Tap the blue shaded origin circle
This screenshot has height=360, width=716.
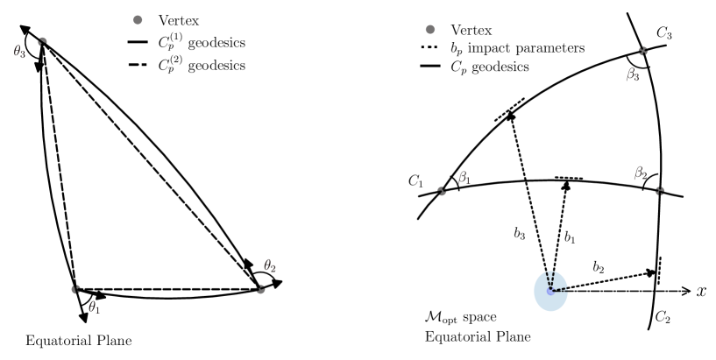click(x=551, y=290)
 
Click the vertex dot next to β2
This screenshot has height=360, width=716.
click(x=659, y=190)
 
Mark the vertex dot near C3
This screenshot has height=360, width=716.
click(x=643, y=52)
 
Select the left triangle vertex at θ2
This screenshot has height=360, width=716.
click(x=260, y=288)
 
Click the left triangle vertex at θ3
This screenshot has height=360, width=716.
click(x=41, y=42)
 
